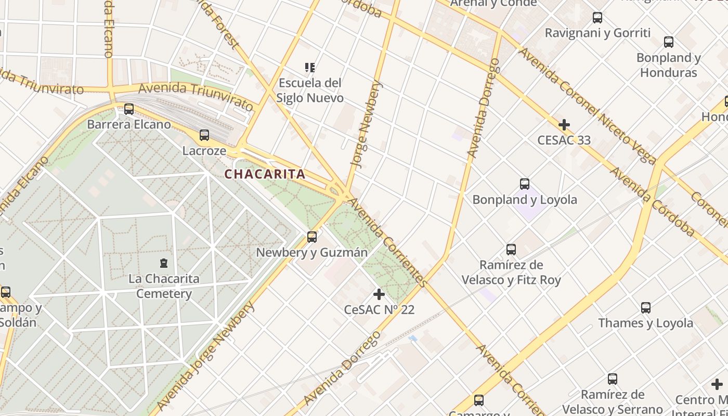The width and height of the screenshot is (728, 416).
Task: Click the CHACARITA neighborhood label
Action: click(x=265, y=174)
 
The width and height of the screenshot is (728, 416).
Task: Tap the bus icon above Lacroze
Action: click(x=204, y=135)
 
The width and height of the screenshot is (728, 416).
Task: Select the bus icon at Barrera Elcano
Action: click(x=128, y=109)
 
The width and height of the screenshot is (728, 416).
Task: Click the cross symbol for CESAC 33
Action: click(x=564, y=125)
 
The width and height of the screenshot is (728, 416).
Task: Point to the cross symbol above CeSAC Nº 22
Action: click(x=379, y=294)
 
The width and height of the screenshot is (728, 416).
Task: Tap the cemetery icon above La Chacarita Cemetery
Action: click(x=164, y=263)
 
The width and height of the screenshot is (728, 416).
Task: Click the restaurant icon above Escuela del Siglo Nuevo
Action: click(x=310, y=68)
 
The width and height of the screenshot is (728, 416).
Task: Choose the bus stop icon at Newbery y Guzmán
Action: click(x=312, y=237)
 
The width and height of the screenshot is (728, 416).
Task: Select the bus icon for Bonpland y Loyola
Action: click(x=524, y=184)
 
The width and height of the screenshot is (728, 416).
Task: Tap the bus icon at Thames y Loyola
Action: click(x=645, y=307)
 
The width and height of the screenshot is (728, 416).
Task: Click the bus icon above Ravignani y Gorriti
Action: click(x=597, y=18)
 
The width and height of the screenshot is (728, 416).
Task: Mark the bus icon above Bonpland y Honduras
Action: click(x=669, y=42)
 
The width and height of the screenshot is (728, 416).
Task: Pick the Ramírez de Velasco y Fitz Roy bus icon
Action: click(x=511, y=250)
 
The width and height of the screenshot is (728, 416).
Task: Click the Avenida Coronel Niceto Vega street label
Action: click(x=587, y=106)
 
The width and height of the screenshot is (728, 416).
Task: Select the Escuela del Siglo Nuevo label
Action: click(x=310, y=90)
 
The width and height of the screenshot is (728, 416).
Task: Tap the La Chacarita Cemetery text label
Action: click(x=164, y=286)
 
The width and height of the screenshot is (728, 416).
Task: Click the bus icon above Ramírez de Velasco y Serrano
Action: click(x=613, y=379)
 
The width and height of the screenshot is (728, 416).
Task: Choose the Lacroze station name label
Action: click(x=204, y=151)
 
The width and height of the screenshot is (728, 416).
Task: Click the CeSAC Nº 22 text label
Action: click(x=379, y=310)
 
